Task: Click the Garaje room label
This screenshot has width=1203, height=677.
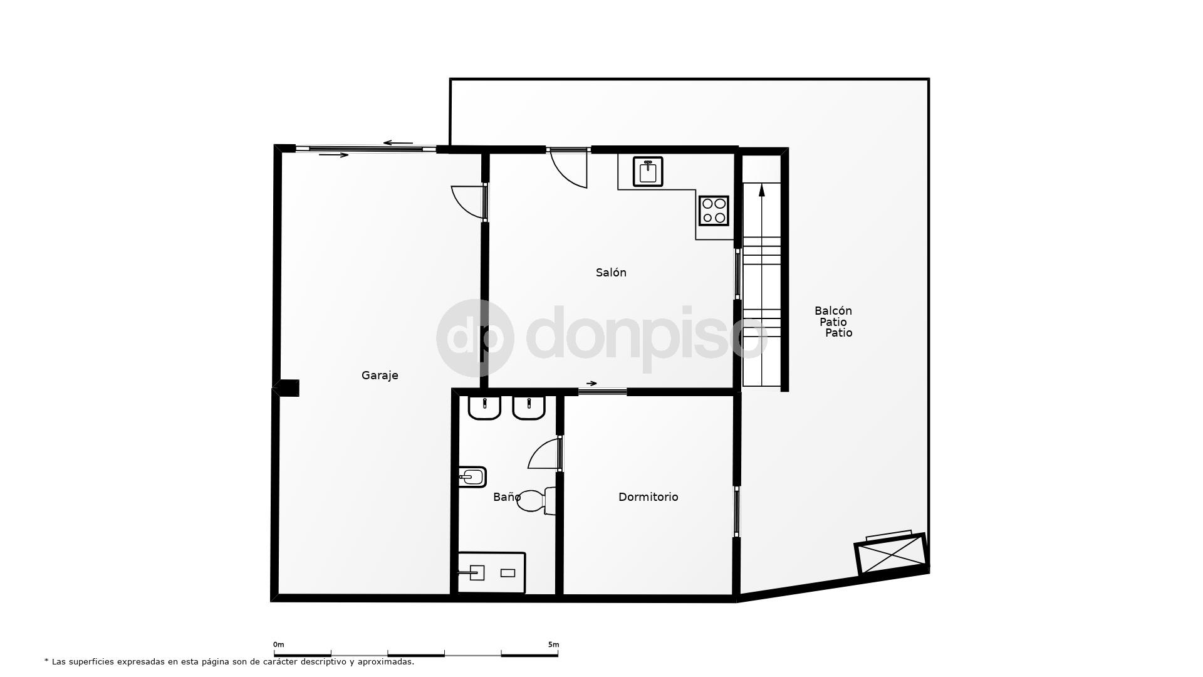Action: click(380, 375)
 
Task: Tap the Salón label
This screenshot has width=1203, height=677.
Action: click(611, 273)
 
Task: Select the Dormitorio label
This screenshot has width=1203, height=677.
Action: click(648, 497)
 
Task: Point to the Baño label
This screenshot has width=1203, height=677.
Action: click(506, 497)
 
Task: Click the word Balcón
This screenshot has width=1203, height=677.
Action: click(833, 311)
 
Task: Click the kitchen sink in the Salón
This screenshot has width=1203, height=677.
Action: click(648, 171)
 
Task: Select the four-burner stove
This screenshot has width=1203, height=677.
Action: click(714, 211)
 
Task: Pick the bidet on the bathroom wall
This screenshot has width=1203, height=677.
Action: click(472, 477)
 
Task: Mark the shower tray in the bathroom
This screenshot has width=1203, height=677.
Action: click(491, 572)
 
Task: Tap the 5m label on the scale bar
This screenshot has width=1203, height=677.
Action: click(553, 644)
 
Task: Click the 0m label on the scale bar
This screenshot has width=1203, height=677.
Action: click(278, 644)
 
